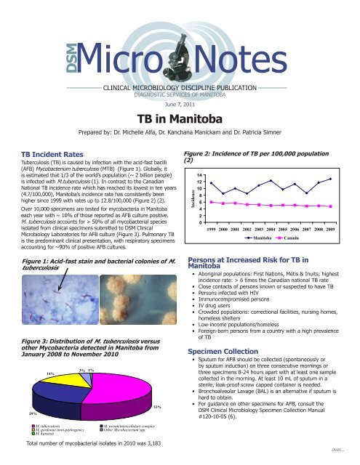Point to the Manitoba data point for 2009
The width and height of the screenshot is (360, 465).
331,179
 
